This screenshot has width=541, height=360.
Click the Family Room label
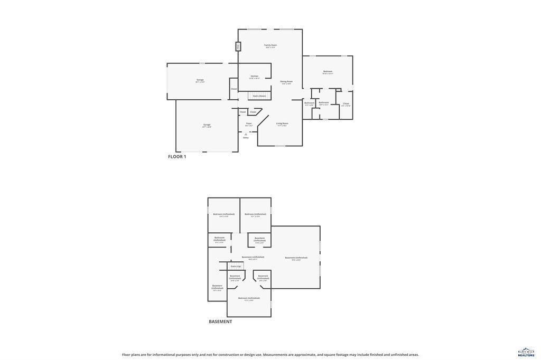pyautogui.click(x=270, y=45)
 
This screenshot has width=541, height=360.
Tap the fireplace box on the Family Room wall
pyautogui.click(x=238, y=46)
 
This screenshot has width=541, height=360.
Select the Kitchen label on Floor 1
pyautogui.click(x=255, y=77)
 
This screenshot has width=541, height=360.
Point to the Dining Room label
pyautogui.click(x=286, y=82)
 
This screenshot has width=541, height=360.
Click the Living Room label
pyautogui.click(x=282, y=124)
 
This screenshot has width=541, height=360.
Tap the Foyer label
pyautogui.click(x=249, y=124)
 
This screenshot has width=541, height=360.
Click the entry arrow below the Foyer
pyautogui.click(x=246, y=134)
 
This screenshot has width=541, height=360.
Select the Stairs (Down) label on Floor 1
pyautogui.click(x=259, y=96)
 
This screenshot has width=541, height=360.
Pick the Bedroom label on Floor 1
pyautogui.click(x=328, y=72)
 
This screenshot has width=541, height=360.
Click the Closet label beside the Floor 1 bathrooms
pyautogui.click(x=346, y=104)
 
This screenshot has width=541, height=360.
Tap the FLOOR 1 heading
pyautogui.click(x=177, y=157)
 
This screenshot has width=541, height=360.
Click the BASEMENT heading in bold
pyautogui.click(x=220, y=321)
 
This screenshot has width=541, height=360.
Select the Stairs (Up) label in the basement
pyautogui.click(x=236, y=266)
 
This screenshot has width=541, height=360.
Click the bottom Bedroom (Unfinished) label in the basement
pyautogui.click(x=249, y=298)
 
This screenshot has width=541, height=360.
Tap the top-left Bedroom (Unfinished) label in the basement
pyautogui.click(x=224, y=214)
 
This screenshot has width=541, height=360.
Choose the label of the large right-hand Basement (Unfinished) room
pyautogui.click(x=296, y=258)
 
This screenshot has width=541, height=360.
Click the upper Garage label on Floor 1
pyautogui.click(x=200, y=80)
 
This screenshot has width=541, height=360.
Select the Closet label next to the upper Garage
pyautogui.click(x=234, y=89)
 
